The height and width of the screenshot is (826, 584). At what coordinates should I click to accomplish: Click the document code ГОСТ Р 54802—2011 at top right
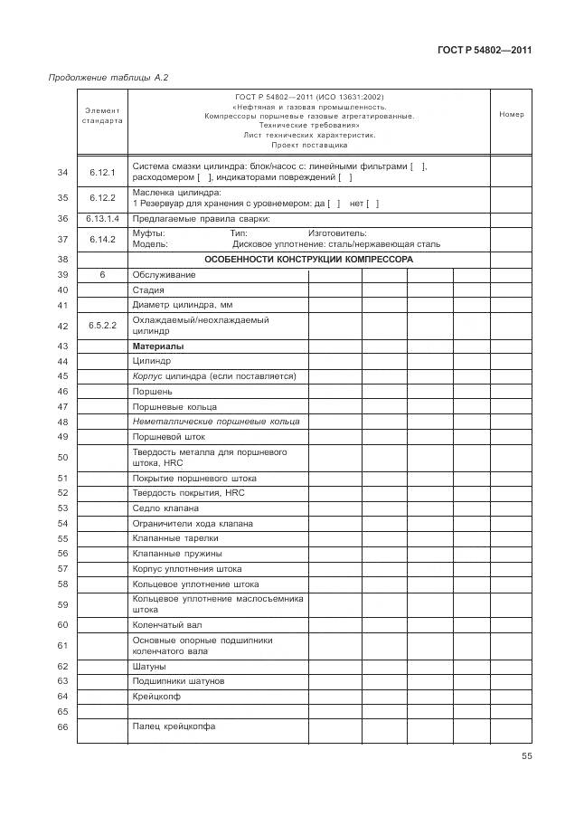[485, 51]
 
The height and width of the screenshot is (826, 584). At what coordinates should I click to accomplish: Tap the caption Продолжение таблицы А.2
[108, 78]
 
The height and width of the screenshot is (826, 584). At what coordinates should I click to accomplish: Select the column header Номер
[511, 115]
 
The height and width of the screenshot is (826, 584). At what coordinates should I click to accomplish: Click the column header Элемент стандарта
[102, 115]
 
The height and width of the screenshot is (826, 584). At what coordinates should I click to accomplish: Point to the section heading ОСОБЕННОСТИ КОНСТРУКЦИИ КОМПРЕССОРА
[308, 259]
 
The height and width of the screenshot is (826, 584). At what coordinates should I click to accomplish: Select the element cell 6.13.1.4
[102, 218]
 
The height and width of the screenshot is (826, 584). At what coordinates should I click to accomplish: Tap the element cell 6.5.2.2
[102, 325]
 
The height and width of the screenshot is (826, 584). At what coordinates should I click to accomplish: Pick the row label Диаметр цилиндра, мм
[176, 305]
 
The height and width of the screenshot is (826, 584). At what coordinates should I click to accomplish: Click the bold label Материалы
[158, 346]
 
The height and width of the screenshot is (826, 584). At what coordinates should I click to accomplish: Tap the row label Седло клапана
[165, 508]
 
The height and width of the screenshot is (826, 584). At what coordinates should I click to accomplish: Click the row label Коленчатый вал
[167, 624]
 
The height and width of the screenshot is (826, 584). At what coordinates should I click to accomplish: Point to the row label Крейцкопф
[158, 697]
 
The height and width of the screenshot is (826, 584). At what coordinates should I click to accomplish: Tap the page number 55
[526, 758]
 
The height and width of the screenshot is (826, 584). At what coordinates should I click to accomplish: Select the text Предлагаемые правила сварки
[201, 218]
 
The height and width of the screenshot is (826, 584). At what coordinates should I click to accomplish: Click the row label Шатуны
[149, 666]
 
